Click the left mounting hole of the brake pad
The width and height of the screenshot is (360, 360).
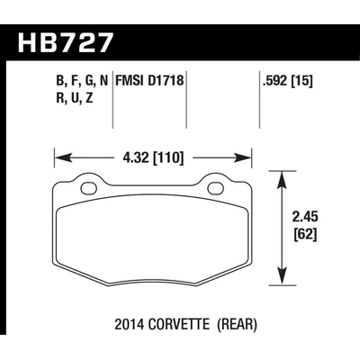click(x=88, y=189)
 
